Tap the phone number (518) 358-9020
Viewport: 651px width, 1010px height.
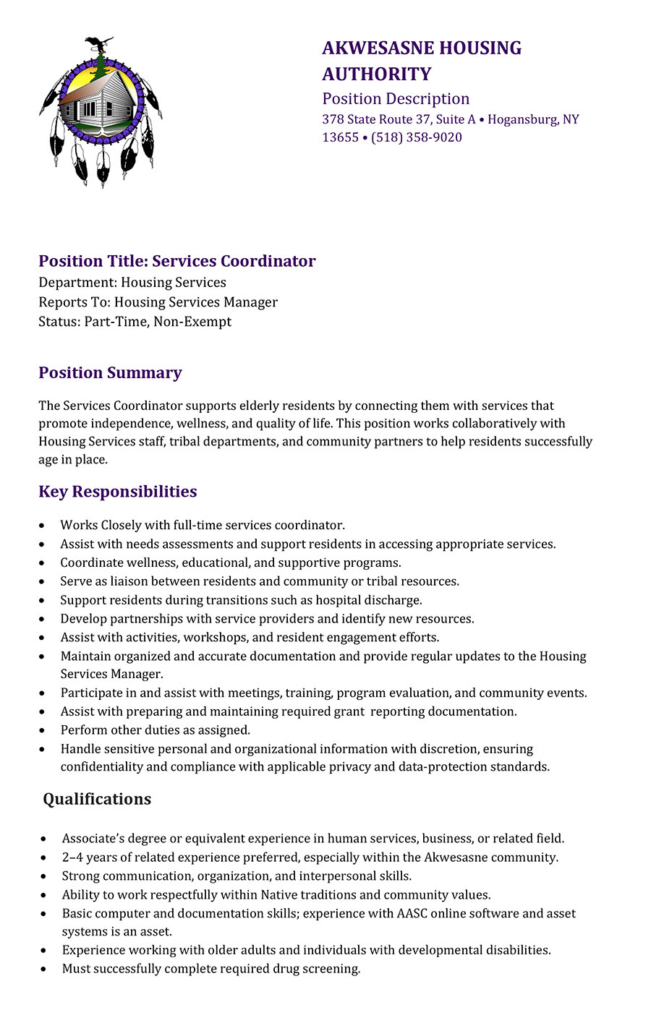[x=417, y=137]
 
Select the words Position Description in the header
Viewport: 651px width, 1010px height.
[x=396, y=99]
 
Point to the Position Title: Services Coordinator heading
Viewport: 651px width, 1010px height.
[x=177, y=261]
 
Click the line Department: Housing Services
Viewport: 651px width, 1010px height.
[x=132, y=283]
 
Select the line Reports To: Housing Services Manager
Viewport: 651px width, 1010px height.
[x=158, y=302]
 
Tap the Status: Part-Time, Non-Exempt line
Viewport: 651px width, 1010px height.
[x=135, y=322]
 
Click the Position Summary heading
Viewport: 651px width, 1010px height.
[x=110, y=373]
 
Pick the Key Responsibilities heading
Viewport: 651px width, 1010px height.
[x=117, y=492]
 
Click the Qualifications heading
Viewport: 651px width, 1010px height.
[x=97, y=799]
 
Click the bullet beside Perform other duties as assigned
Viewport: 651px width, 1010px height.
[x=44, y=731]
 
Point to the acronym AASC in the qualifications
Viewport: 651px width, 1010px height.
[x=412, y=913]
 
